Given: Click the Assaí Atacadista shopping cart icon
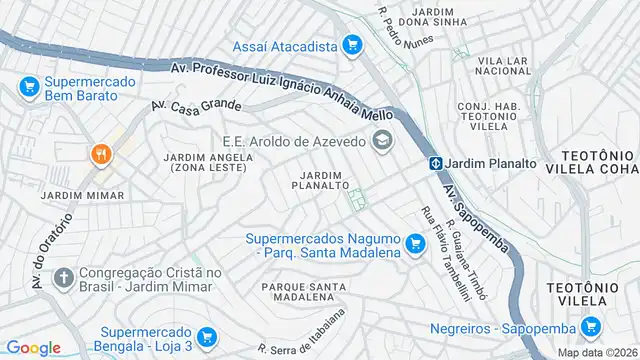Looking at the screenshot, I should point(351,44).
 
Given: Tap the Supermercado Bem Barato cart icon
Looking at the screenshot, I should point(30,88).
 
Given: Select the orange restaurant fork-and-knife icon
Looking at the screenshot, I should point(101,154).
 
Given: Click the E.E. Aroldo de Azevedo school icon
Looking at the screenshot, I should point(381,141).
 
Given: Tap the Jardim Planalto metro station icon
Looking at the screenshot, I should point(437,163).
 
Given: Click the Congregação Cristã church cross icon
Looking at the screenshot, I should point(62,276).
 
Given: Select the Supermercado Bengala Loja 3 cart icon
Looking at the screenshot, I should point(207,337).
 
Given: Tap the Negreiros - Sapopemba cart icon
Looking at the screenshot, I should point(590,326).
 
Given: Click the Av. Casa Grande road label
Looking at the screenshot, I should point(197,104).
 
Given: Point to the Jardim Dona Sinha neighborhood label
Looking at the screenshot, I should point(433,15).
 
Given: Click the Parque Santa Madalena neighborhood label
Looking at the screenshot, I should point(303,292).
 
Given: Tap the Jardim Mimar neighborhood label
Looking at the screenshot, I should point(83,195).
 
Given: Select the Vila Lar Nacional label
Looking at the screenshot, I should point(504,65).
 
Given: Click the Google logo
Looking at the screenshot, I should point(33,347).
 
